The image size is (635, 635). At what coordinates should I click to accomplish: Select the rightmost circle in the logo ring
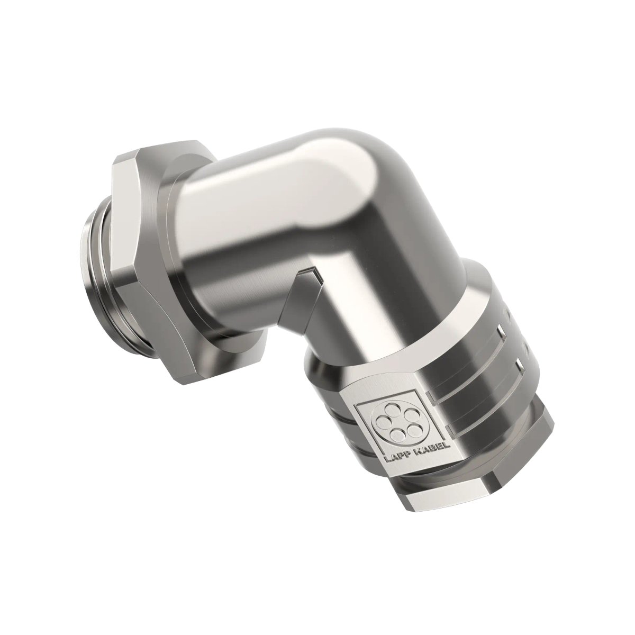(x=409, y=426)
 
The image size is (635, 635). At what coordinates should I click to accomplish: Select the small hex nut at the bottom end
(x=476, y=476)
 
